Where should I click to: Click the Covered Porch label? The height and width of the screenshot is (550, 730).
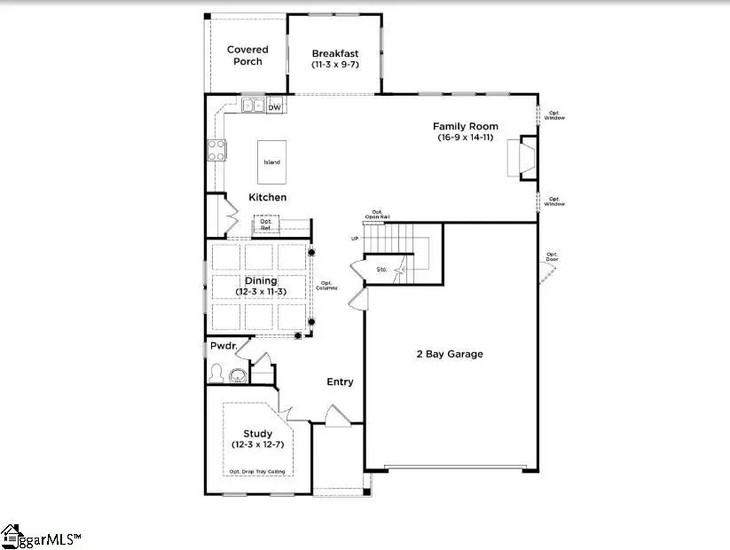tap(247, 55)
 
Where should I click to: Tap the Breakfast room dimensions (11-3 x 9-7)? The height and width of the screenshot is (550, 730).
tap(335, 65)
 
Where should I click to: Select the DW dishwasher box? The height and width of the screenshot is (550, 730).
tap(275, 107)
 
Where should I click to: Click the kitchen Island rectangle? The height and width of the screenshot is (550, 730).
tap(271, 161)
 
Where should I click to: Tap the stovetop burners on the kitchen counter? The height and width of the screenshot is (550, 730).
tap(216, 151)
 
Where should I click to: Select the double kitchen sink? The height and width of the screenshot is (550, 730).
tap(253, 106)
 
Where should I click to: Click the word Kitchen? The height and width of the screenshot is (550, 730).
tap(267, 197)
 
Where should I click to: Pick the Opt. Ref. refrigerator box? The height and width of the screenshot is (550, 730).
tap(264, 225)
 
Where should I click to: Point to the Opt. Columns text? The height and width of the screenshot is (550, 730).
tap(330, 287)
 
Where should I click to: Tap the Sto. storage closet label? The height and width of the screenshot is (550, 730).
tap(382, 268)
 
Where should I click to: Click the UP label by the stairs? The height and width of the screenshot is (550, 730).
tap(355, 239)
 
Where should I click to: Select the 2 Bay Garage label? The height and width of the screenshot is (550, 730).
tap(450, 354)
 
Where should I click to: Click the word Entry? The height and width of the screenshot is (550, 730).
tap(340, 382)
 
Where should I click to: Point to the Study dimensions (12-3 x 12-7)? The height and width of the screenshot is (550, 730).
tap(258, 444)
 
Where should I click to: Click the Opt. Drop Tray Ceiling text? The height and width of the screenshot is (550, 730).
tap(258, 471)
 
